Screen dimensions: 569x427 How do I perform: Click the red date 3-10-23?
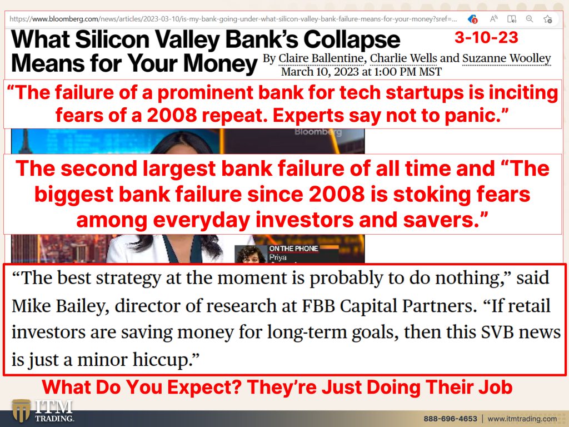pos(486,37)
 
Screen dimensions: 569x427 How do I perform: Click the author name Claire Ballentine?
pos(321,58)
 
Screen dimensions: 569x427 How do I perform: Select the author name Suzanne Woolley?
pos(507,58)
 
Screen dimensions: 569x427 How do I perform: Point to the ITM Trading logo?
pos(42,411)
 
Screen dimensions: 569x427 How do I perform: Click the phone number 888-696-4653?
pos(450,419)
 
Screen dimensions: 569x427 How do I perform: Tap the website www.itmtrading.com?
pos(522,419)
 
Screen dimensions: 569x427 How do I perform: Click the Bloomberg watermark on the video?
pos(318,132)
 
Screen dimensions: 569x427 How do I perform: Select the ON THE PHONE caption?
pos(293,249)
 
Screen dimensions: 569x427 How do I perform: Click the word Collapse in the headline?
pos(352,39)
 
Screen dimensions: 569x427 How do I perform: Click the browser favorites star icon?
pos(547,19)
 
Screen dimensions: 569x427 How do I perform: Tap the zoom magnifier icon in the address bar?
pos(530,18)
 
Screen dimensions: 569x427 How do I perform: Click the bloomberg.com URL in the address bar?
pos(233,19)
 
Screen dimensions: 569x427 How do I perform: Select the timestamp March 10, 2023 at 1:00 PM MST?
pos(361,72)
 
